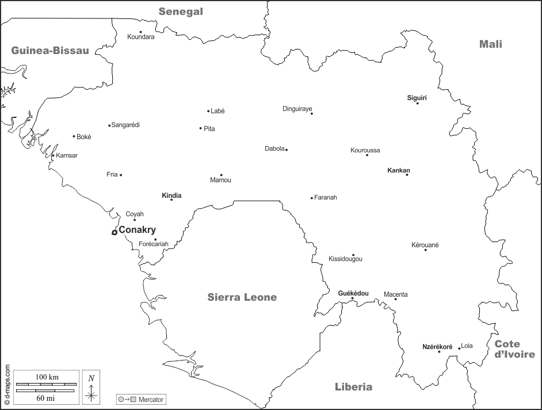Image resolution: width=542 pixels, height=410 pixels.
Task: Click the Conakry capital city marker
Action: point(114,232)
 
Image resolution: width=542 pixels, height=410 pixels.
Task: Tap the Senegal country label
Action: point(181,12)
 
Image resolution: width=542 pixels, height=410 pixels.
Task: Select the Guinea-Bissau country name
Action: point(50,51)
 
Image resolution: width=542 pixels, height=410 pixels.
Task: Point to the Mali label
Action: point(491,44)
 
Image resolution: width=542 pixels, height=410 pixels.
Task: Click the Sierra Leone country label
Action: point(242,297)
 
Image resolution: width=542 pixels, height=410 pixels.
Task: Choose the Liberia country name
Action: point(353,387)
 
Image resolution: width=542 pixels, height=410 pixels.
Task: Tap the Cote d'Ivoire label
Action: point(514,349)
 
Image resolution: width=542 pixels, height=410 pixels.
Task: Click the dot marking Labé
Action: point(208,111)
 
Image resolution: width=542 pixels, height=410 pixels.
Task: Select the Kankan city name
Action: point(399,170)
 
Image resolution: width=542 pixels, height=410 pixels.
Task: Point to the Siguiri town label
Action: point(417,98)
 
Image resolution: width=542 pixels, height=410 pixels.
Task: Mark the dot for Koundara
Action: point(140,32)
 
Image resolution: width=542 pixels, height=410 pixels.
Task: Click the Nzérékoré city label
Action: point(437,347)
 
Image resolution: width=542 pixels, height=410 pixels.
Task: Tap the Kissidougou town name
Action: point(345,259)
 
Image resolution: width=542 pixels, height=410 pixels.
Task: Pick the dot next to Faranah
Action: point(312,198)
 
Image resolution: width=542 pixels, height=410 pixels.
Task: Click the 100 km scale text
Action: point(47,377)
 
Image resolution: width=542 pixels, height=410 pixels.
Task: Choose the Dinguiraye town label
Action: point(297,109)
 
